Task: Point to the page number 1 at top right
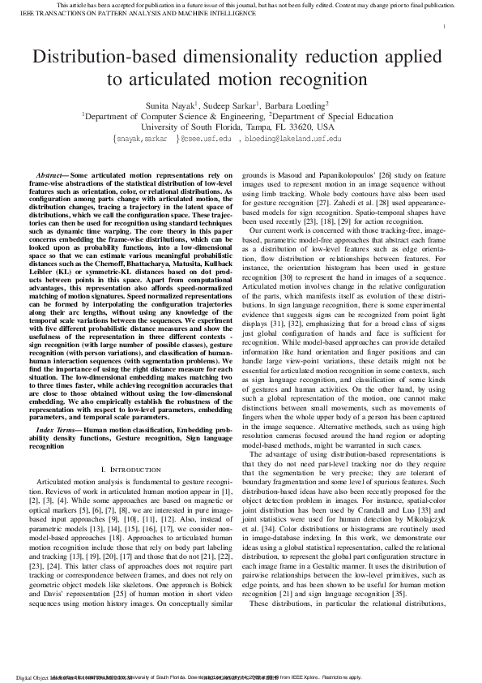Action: pyautogui.click(x=445, y=27)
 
